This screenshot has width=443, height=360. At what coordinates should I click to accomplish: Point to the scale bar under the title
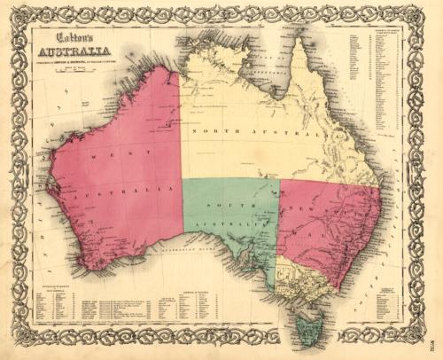tap(80, 71)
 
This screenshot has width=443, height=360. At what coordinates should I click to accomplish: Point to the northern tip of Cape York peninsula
tap(299, 41)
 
